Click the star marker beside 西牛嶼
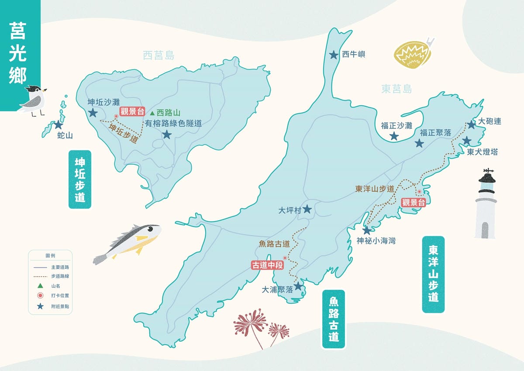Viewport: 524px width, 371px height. coord(333,55)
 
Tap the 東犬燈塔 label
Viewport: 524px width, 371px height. coord(482,152)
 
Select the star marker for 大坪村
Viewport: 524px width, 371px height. coord(307,209)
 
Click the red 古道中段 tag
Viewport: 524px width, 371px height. coord(268,265)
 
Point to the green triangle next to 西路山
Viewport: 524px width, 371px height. coord(152,113)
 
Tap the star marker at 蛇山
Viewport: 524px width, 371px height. coord(59,125)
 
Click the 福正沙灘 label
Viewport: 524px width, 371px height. coord(396,126)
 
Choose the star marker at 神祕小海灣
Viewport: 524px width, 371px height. coord(367,230)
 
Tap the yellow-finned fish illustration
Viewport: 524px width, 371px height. coord(128,243)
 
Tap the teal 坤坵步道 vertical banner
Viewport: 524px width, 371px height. coord(80,179)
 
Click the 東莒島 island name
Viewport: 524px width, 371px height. coord(396,90)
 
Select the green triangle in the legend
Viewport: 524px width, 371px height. coord(40,286)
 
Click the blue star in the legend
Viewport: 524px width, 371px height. coord(40,306)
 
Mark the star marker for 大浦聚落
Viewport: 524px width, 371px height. coord(298,286)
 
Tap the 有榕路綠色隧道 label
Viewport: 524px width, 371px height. coord(173,124)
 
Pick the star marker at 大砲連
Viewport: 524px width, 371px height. coord(471,125)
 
